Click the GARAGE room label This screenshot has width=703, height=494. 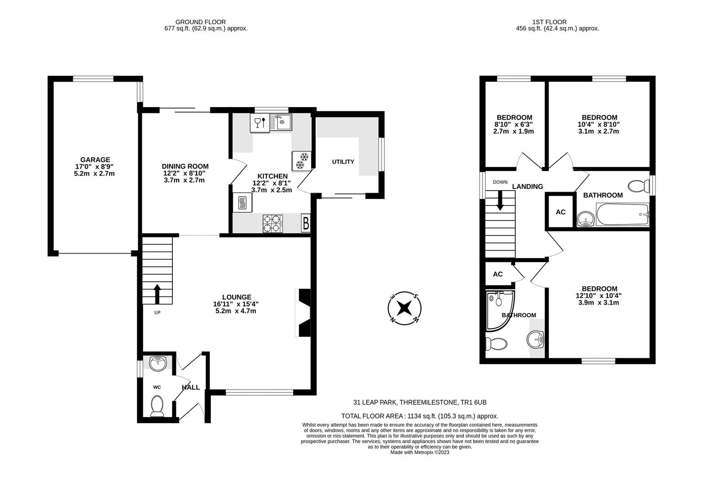click(x=95, y=160)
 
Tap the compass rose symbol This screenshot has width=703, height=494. click(x=404, y=308)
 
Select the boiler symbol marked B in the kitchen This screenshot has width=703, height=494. click(x=306, y=224)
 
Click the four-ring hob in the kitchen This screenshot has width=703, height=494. click(x=273, y=224)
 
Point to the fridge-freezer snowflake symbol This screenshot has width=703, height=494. click(x=301, y=161)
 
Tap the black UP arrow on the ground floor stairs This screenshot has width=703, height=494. click(x=157, y=294)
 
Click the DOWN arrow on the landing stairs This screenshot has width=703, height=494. click(x=500, y=200)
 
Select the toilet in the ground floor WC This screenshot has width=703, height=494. click(x=157, y=406)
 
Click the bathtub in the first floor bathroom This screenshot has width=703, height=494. click(x=622, y=215)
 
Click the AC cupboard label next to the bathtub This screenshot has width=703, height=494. click(x=560, y=212)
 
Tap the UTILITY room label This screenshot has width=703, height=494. click(x=343, y=161)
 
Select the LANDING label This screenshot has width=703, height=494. click(x=527, y=186)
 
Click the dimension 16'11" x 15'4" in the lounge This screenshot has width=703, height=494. click(x=236, y=304)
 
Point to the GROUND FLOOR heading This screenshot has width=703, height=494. click(x=200, y=21)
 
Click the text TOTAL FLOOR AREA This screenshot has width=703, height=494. click(x=372, y=416)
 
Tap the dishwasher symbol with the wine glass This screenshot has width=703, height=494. click(x=259, y=123)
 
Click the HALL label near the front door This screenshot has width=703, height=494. click(x=191, y=387)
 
